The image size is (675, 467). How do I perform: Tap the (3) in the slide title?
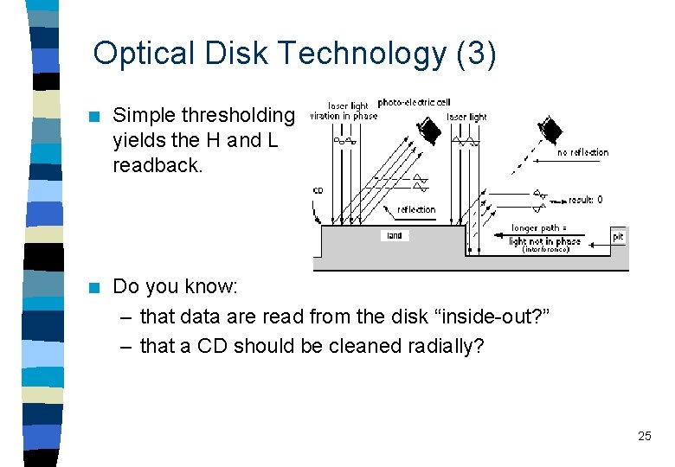(475, 53)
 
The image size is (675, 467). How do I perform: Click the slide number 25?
(644, 436)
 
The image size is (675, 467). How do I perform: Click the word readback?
(157, 164)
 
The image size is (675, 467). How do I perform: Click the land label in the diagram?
(395, 235)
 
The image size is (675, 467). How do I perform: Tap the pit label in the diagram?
(618, 236)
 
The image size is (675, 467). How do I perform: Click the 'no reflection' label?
(582, 152)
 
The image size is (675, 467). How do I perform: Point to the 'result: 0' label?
(585, 200)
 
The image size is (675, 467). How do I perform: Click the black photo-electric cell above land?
(426, 130)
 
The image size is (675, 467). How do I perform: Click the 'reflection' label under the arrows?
(416, 209)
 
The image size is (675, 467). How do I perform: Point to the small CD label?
(318, 191)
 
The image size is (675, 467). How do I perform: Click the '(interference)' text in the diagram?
(545, 249)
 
